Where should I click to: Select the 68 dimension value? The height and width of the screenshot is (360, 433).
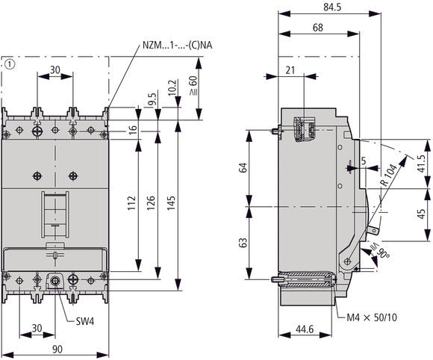[318, 28]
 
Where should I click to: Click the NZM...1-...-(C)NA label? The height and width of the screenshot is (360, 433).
[176, 46]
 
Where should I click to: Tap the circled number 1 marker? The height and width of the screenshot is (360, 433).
[8, 64]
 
